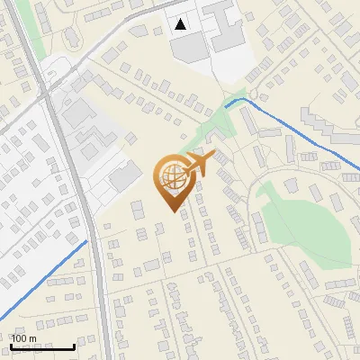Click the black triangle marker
tap(182, 24)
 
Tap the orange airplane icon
tap(199, 165)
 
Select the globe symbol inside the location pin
tap(171, 176)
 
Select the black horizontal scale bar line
tap(42, 346)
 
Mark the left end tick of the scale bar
tap(11, 345)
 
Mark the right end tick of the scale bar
tap(74, 345)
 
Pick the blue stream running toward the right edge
tap(306, 135)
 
